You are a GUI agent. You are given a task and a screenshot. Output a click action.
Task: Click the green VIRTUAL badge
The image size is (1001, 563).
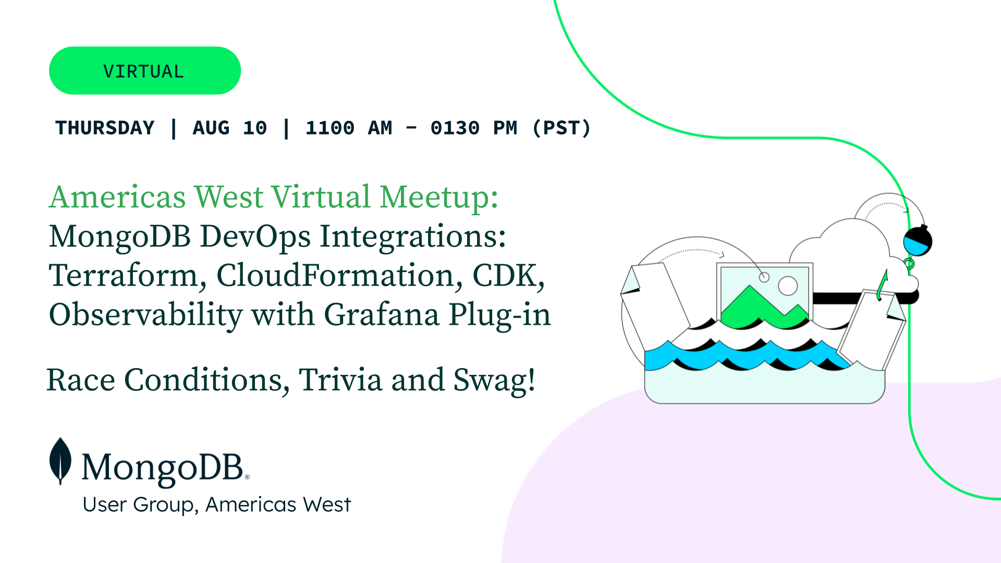point(145,70)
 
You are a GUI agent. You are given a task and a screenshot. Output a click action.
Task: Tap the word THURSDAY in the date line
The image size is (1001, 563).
point(105,128)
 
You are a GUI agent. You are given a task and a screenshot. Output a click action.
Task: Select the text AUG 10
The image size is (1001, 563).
point(230,128)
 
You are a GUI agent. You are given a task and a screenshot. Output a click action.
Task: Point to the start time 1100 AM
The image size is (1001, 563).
point(349,128)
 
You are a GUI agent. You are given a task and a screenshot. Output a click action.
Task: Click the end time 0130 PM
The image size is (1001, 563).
point(474,128)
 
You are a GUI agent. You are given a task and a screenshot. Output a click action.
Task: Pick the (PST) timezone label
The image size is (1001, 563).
point(562,128)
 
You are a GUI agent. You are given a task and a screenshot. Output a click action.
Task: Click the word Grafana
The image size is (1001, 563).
point(382,315)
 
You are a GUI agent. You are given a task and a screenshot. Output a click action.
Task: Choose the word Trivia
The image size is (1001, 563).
point(340,380)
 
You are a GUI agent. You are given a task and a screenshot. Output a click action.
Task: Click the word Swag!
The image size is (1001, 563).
point(494,380)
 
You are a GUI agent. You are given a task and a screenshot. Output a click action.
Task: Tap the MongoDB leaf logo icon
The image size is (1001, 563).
point(60,461)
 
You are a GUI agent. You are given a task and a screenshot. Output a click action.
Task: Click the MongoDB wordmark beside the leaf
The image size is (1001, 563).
point(165,467)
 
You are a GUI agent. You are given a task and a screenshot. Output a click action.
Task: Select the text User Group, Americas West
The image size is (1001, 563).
point(217,505)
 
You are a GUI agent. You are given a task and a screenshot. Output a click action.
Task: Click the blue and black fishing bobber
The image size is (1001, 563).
point(918,241)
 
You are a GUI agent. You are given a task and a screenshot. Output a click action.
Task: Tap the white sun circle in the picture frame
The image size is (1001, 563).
point(788,286)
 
